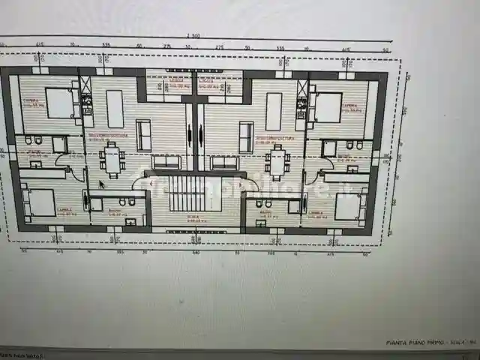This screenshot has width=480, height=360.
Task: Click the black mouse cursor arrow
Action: pyautogui.click(x=101, y=184)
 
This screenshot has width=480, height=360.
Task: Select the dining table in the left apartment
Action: pyautogui.click(x=112, y=160)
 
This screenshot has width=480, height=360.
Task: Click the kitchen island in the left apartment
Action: pyautogui.click(x=115, y=109)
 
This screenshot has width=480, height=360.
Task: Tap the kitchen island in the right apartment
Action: pyautogui.click(x=274, y=111)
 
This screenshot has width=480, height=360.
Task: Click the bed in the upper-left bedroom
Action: pyautogui.click(x=60, y=103)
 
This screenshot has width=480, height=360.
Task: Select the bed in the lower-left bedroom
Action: pyautogui.click(x=41, y=202)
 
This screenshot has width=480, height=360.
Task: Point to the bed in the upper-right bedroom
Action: pyautogui.click(x=328, y=107)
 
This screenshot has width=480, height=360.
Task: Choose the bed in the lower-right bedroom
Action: pyautogui.click(x=347, y=205)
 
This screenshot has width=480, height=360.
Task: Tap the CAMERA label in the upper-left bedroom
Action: pyautogui.click(x=31, y=100)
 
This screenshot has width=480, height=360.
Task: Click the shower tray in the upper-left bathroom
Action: pyautogui.click(x=59, y=145)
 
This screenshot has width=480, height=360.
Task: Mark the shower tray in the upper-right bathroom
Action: pyautogui.click(x=328, y=148)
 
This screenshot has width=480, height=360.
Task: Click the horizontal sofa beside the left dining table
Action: pyautogui.click(x=166, y=162)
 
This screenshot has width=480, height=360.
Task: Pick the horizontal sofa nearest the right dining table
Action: pyautogui.click(x=224, y=163)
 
